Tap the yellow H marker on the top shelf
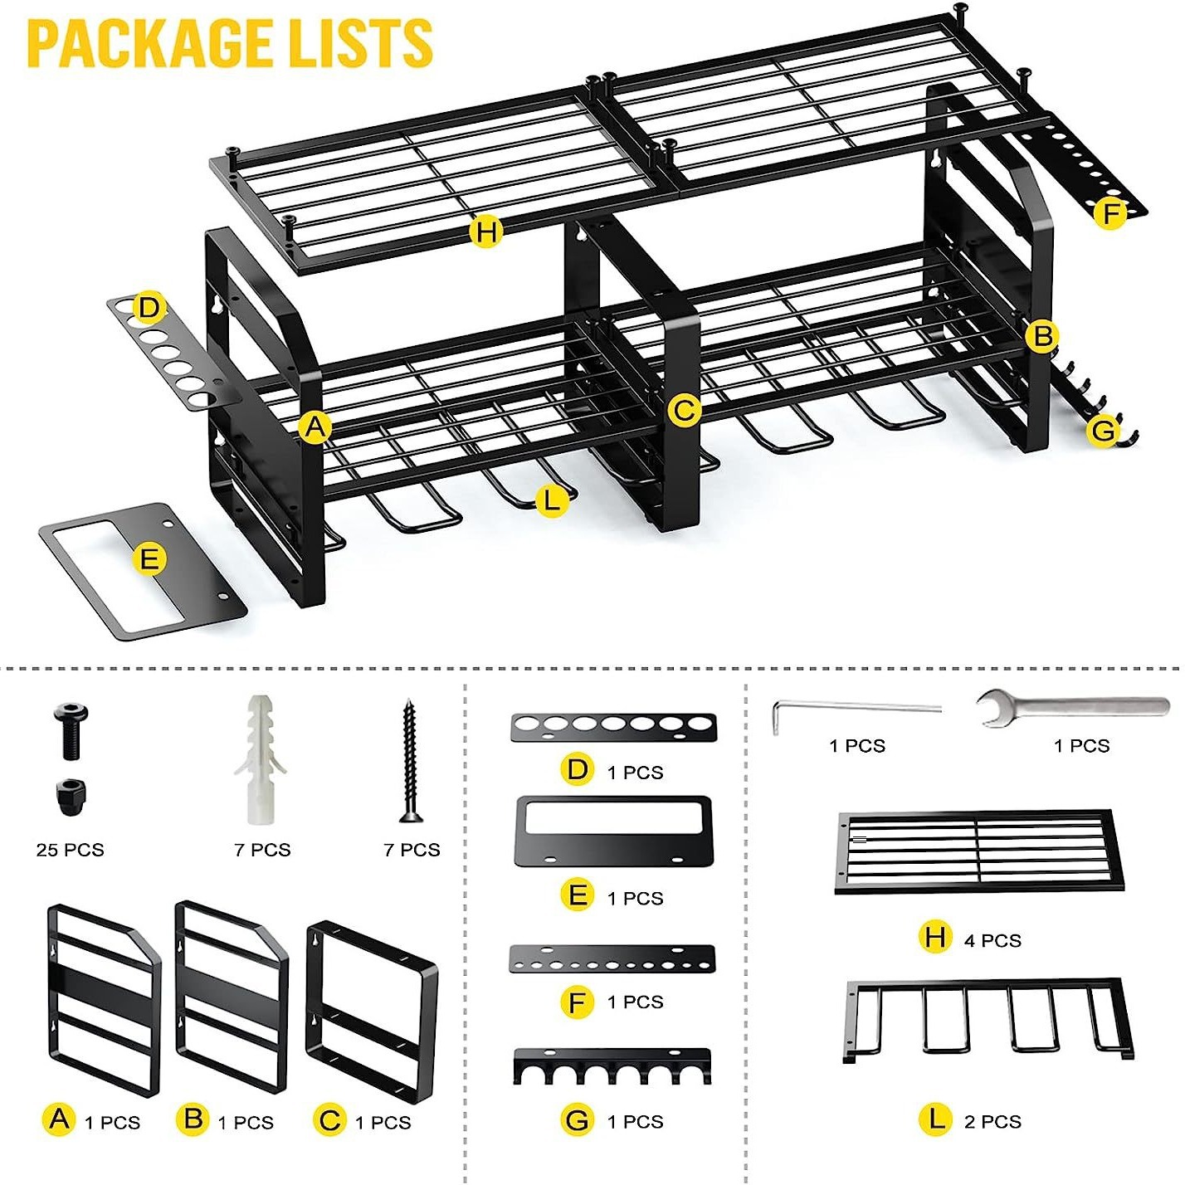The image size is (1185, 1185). click(486, 231)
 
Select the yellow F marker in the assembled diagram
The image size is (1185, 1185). click(1110, 213)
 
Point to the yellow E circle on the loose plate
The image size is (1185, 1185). click(149, 558)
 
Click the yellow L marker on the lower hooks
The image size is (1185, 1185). click(551, 500)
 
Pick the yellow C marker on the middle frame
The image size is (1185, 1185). click(685, 410)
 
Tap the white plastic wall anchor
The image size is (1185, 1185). click(261, 759)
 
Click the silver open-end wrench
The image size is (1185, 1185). click(1072, 708)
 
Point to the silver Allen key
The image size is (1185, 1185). click(855, 711)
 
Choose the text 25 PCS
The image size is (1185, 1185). click(71, 850)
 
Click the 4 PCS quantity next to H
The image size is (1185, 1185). click(992, 940)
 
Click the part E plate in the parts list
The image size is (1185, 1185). click(613, 831)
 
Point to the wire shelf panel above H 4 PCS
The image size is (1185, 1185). click(980, 851)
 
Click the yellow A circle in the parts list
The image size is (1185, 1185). click(59, 1119)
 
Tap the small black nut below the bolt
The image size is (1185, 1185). click(71, 796)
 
